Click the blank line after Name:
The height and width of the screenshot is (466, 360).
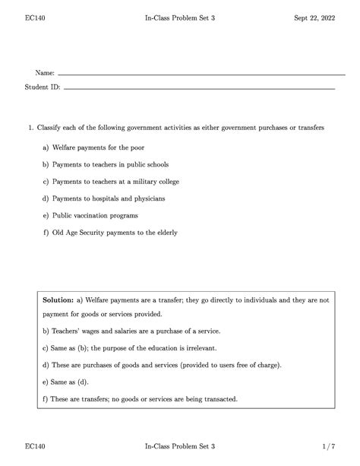[201, 74]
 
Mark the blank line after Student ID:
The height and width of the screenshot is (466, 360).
[199, 89]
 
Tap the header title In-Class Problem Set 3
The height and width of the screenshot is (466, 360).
[180, 17]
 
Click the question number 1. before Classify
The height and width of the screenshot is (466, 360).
[31, 128]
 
